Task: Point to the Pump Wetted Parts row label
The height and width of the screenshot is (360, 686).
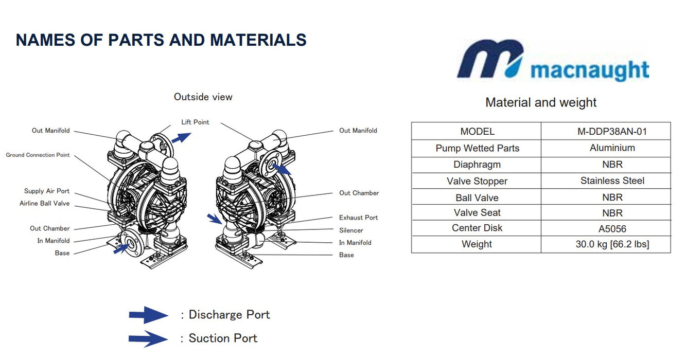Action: tap(477, 148)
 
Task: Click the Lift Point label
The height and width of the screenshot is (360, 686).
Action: tap(195, 122)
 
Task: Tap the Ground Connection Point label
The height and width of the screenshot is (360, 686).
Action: tap(38, 155)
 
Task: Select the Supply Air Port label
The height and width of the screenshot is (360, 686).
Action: tap(47, 191)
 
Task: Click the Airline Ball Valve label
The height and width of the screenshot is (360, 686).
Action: tap(44, 204)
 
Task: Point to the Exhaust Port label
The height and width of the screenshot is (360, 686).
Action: tap(358, 218)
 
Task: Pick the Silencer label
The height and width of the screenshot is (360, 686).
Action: tap(351, 230)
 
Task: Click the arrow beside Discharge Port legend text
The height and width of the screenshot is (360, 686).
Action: tap(148, 315)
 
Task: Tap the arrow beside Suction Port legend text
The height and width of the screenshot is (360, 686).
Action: tap(148, 338)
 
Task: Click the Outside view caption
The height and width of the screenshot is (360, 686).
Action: tap(203, 97)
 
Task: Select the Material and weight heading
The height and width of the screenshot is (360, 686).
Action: tap(541, 102)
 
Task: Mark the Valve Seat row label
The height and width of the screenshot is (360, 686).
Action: tap(477, 212)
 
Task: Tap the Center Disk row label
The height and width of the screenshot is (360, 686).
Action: tap(477, 228)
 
